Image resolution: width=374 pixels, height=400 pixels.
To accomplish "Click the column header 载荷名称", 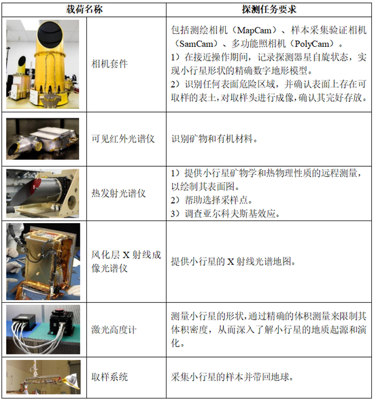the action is pos(84,10).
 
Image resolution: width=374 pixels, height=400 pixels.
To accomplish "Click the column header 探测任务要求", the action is pos(269,10).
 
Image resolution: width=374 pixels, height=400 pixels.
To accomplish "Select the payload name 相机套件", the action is pos(109,63).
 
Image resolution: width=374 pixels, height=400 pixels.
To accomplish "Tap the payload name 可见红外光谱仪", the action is pos(123,139).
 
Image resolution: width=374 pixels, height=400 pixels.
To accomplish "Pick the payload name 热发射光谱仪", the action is pos(118,193).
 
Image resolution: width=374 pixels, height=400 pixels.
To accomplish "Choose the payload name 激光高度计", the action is pos(114,329).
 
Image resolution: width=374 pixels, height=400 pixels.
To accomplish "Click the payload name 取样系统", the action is pos(109,377).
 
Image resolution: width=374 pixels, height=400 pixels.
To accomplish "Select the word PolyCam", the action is pos(312,44).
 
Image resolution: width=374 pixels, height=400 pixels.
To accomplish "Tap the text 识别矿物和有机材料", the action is pos(214,139).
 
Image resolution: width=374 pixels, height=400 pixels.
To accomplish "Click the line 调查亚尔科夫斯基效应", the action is pos(225,214).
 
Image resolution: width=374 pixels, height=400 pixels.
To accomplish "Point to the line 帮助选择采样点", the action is pos(211,200).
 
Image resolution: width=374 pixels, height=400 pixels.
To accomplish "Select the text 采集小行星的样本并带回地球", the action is pos(232,377).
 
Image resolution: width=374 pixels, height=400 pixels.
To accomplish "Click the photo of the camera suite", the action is pos(43,64).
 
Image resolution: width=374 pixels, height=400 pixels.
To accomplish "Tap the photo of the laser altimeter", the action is pos(43,329).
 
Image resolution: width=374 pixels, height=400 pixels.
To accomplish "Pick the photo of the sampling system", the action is pos(44,377).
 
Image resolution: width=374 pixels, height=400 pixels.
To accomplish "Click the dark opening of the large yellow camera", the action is pos(50,33).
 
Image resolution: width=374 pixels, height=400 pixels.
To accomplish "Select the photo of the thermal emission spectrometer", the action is pos(43,193).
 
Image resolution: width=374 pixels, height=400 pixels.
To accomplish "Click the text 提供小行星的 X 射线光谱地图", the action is pos(233,261).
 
